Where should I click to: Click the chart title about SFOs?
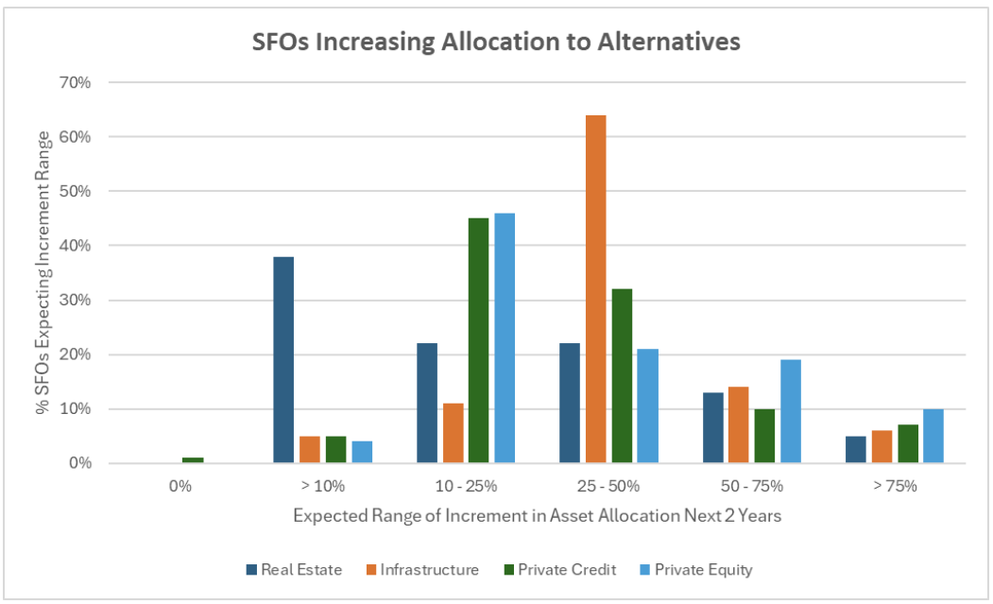tap(496, 43)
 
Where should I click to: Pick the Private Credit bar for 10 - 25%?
tap(478, 340)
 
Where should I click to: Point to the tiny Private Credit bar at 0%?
tap(193, 460)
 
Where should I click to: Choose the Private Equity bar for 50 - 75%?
tap(790, 411)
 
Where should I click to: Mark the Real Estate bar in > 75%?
tap(856, 450)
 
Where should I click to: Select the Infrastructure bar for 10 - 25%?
tap(453, 433)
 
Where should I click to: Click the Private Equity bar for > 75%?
tap(933, 436)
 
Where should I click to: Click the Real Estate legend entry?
tap(293, 570)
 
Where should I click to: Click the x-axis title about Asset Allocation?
tap(537, 516)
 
